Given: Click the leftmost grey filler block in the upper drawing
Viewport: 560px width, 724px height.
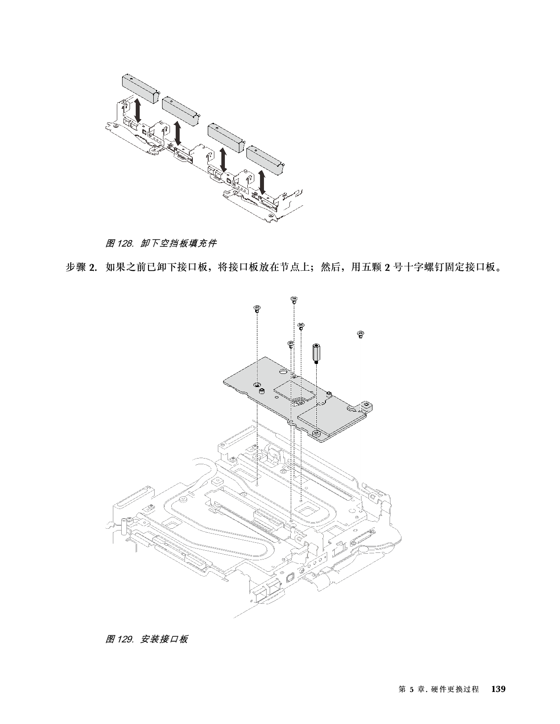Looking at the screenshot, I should tap(139, 88).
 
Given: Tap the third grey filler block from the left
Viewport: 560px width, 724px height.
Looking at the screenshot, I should tap(225, 136).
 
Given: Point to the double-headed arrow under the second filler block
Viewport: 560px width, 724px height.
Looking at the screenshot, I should tap(178, 133).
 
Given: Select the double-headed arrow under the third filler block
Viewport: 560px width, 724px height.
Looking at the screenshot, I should tap(224, 160).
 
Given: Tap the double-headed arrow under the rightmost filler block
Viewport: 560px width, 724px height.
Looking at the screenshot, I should tap(263, 182).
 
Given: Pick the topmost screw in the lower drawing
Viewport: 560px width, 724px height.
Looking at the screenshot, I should tap(294, 300).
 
